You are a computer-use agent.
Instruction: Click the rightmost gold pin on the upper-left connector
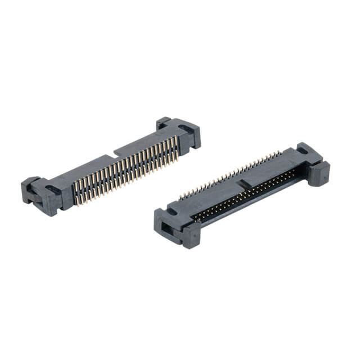[178, 147]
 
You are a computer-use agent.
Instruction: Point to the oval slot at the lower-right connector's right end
[302, 152]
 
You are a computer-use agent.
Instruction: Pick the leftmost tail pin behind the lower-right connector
[181, 198]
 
